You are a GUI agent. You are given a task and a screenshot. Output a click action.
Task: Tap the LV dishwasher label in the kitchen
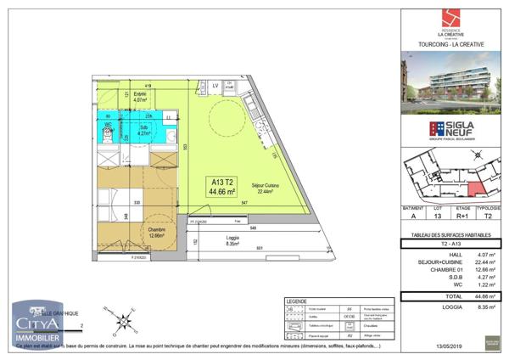tap(215, 87)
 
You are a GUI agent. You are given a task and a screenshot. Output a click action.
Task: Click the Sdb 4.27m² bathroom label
tap(145, 131)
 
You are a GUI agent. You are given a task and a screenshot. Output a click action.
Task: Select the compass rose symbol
tap(126, 322)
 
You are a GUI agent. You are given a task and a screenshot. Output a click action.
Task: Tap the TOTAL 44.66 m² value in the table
tap(484, 296)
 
